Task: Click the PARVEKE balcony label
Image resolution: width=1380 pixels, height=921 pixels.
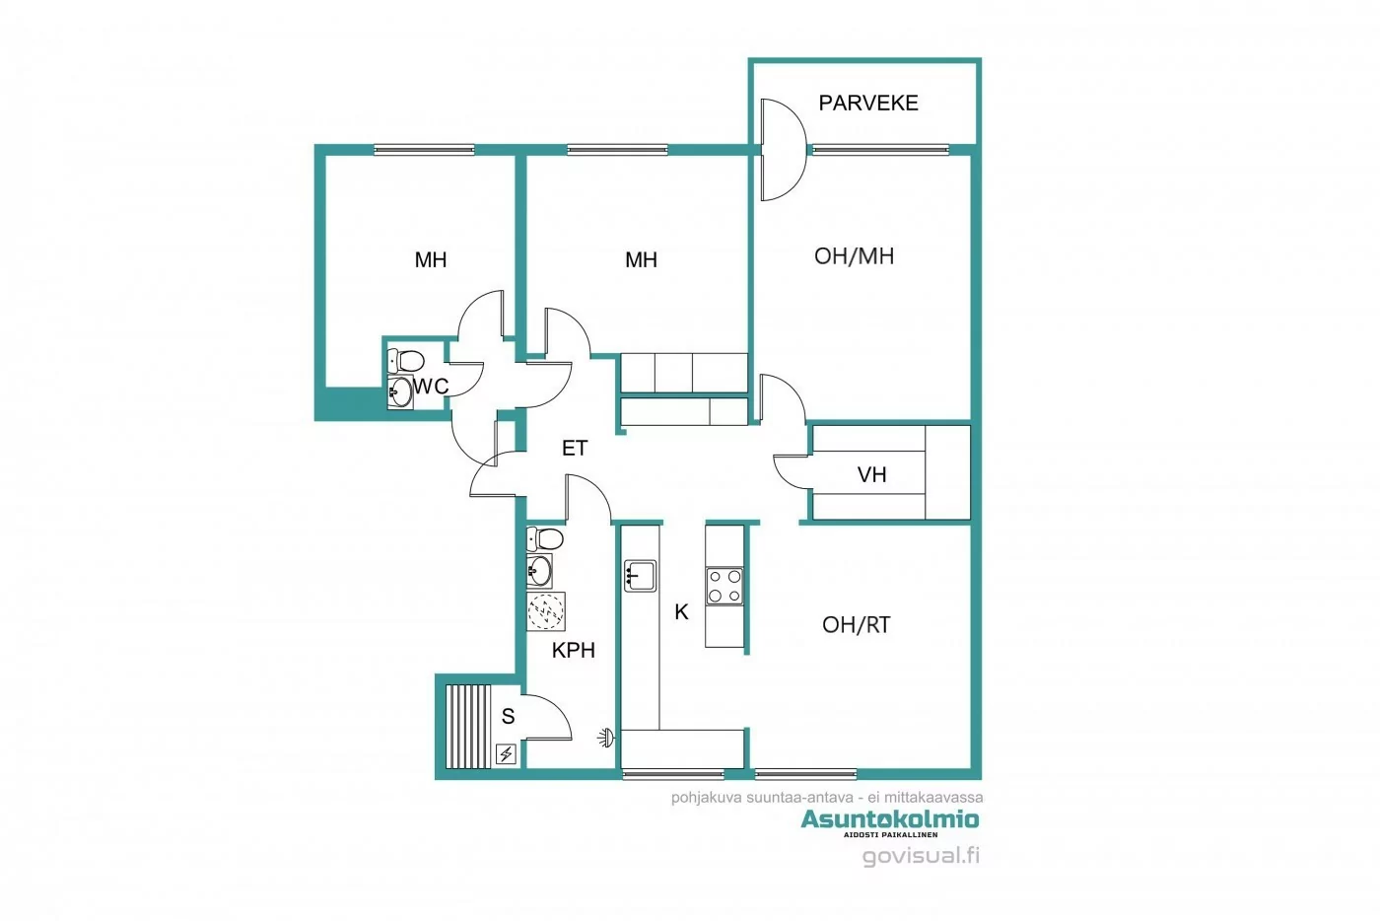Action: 867,103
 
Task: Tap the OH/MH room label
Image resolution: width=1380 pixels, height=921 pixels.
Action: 854,256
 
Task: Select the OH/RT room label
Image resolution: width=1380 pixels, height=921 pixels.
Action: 856,624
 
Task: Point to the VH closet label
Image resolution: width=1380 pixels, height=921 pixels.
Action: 871,475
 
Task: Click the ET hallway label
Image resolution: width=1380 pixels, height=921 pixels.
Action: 575,449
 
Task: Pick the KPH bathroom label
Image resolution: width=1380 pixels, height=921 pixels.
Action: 573,650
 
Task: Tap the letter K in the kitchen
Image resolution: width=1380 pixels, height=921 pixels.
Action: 681,612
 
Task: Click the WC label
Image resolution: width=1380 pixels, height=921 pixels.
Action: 431,387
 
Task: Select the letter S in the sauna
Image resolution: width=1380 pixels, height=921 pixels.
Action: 509,717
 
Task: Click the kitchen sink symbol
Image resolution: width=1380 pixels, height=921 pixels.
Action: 640,574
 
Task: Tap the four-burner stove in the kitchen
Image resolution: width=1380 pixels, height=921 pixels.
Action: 724,586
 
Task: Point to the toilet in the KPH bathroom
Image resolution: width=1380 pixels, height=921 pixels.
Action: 544,538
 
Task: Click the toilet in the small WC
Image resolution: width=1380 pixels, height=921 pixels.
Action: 405,360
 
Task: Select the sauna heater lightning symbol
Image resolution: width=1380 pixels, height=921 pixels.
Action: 506,754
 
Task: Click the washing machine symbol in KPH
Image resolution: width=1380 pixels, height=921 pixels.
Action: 546,611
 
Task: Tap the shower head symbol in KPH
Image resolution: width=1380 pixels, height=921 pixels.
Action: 606,737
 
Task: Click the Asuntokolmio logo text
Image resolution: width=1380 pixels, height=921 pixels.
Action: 889,819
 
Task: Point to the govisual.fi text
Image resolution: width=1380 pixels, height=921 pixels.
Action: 921,855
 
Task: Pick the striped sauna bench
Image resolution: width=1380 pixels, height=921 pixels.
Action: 467,726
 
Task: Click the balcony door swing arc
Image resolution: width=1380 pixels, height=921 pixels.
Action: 785,148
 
